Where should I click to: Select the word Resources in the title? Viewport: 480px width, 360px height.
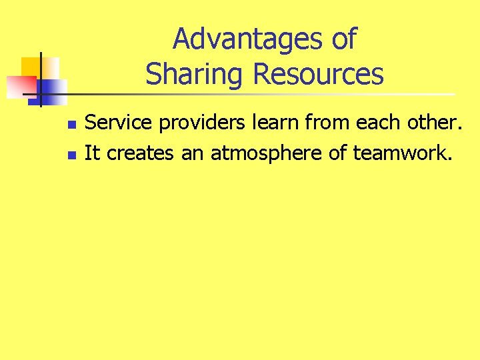(x=318, y=74)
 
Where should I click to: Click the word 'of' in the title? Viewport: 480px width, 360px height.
(x=343, y=40)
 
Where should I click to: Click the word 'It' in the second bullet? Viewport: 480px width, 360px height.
(x=93, y=153)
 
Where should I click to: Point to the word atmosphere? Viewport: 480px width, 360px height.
(x=267, y=154)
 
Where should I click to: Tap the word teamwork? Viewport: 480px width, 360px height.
(x=402, y=154)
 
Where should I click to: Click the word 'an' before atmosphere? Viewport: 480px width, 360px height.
(x=194, y=154)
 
